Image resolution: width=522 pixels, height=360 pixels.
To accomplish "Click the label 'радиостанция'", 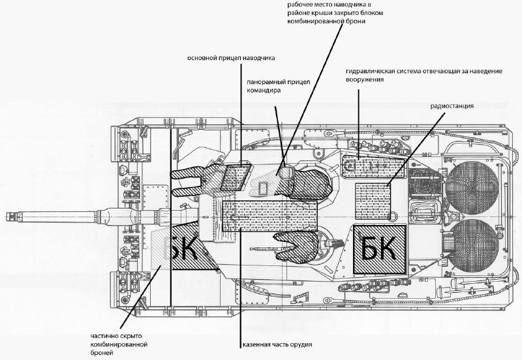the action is [452, 106].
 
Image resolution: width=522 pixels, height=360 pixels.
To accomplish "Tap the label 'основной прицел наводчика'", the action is [231, 58].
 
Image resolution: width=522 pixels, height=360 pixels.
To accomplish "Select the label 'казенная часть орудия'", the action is [277, 344].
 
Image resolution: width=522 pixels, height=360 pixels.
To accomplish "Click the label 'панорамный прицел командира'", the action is [279, 86].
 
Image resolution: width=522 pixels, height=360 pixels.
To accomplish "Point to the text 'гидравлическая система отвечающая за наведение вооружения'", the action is [423, 75].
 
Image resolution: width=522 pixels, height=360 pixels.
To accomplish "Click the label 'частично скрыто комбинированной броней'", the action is [119, 344].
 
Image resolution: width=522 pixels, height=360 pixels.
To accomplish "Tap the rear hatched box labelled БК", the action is [380, 250].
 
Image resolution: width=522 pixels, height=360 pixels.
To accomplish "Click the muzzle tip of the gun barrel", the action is [7, 217].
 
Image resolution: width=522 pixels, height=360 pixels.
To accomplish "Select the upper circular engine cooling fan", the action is [472, 187].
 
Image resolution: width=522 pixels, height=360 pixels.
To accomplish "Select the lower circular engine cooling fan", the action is [472, 245].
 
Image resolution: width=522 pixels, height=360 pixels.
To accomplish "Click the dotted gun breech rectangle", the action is [269, 216].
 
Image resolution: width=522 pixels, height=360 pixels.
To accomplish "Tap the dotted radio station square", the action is [373, 201].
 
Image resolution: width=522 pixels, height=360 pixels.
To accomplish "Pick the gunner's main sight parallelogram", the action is [235, 176].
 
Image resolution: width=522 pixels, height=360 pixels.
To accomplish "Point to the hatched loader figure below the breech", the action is [295, 247].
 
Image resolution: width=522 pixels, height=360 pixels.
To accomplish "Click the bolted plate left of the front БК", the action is [155, 203].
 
